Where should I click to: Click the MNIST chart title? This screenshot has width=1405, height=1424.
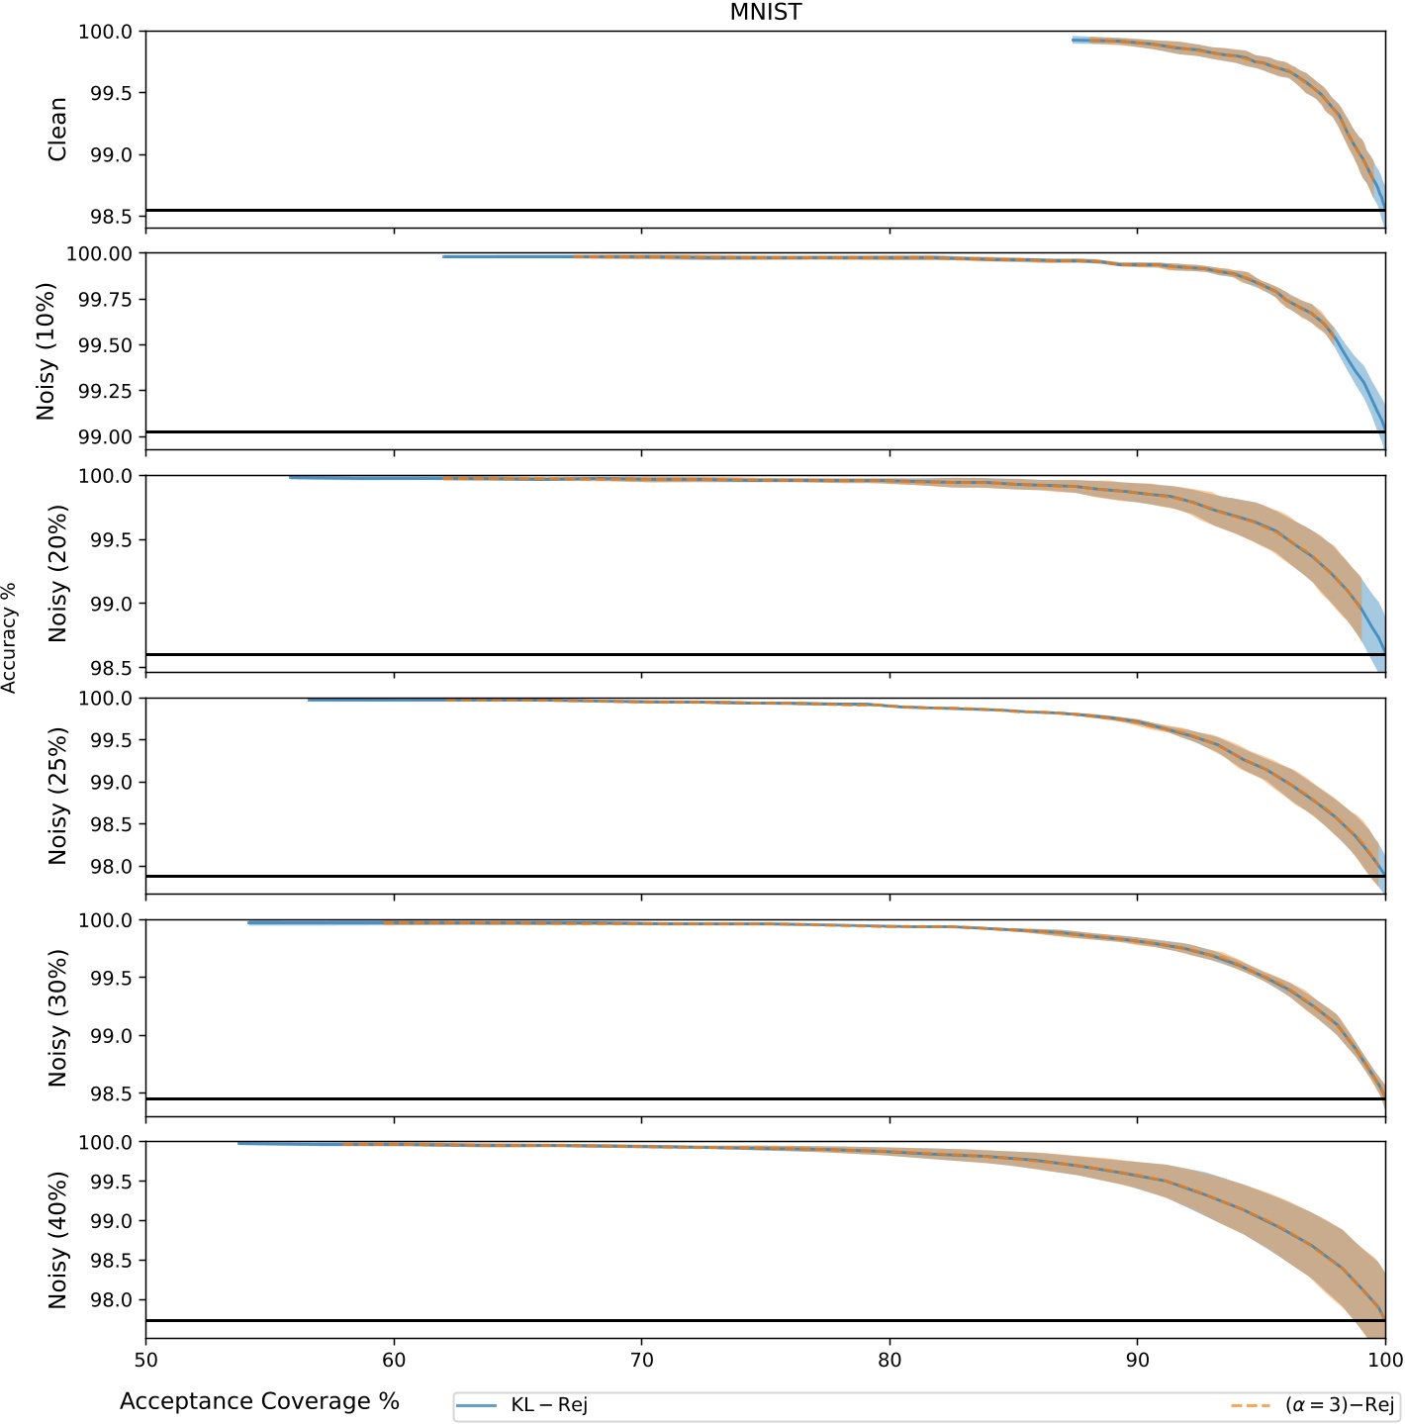coord(765,12)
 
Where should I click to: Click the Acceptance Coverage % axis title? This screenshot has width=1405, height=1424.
coord(259,1401)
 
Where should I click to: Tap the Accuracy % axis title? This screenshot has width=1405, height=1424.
coord(10,637)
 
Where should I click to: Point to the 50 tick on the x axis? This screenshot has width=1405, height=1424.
coord(145,1360)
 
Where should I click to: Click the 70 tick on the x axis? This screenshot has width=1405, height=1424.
coord(641,1360)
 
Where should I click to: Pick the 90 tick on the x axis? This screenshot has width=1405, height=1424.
coord(1137,1360)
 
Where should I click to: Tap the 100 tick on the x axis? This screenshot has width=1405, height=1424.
coord(1384,1360)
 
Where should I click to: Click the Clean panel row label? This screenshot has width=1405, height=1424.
coord(58,130)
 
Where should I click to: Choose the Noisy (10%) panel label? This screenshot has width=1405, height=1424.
coord(47,351)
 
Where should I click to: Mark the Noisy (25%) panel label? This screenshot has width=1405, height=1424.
coord(58,796)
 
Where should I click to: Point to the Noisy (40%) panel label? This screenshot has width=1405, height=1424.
coord(58,1240)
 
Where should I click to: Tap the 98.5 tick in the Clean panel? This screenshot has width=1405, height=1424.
coord(111,217)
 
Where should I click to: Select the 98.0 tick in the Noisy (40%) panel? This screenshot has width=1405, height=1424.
coord(111,1299)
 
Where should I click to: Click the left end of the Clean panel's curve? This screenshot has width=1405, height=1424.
coord(1074,41)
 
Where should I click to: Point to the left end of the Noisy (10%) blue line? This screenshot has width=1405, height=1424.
coord(444,256)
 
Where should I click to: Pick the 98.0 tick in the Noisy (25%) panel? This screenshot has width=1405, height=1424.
coord(111,867)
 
